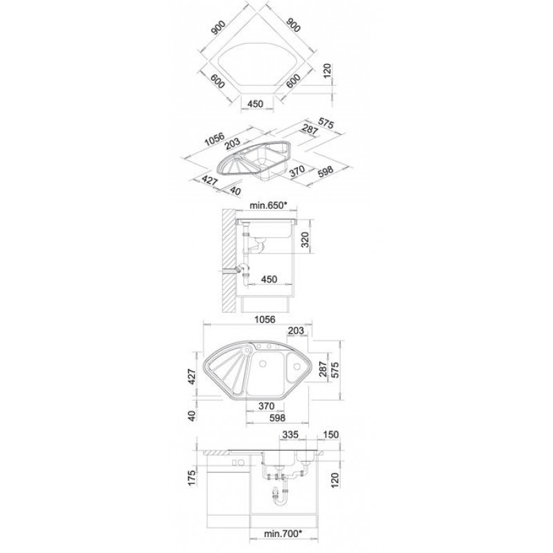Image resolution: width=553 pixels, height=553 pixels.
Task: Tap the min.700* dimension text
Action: click(x=283, y=543)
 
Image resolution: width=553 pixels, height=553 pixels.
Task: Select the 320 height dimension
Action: click(x=306, y=239)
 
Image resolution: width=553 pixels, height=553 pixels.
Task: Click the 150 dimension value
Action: click(x=330, y=435)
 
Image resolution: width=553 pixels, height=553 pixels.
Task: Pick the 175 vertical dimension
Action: click(x=192, y=478)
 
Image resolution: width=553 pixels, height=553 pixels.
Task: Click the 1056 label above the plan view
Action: click(x=265, y=319)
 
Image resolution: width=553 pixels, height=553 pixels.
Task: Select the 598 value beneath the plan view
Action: click(x=276, y=418)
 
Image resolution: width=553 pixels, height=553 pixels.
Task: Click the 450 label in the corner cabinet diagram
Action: click(x=255, y=104)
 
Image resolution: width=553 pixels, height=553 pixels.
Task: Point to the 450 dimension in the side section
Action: click(x=269, y=279)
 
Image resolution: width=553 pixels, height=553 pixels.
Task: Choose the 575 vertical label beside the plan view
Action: click(x=335, y=370)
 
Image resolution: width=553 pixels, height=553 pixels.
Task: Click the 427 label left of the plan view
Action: click(x=192, y=377)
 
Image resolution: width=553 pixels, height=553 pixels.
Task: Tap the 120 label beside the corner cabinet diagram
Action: click(x=328, y=72)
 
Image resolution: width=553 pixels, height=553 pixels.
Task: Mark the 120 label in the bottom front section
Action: click(x=335, y=480)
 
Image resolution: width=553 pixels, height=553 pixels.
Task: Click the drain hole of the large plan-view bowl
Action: click(x=263, y=364)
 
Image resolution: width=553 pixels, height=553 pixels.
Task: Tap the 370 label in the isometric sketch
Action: click(x=297, y=171)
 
